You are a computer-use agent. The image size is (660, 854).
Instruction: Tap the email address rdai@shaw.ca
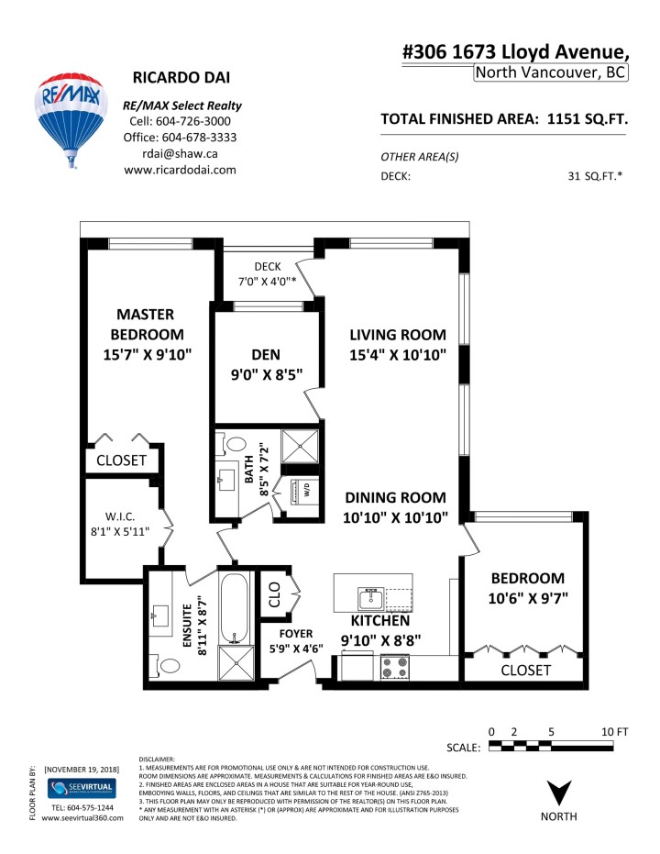180,153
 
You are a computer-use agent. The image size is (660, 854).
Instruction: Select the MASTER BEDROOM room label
147,334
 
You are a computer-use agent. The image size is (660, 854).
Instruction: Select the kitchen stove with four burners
394,667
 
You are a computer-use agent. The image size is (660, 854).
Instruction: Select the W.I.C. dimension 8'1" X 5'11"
119,530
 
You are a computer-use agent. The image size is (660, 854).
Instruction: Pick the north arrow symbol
558,791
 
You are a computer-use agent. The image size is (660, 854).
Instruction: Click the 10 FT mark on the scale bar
615,731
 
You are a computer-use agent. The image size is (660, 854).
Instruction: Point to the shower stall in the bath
300,447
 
